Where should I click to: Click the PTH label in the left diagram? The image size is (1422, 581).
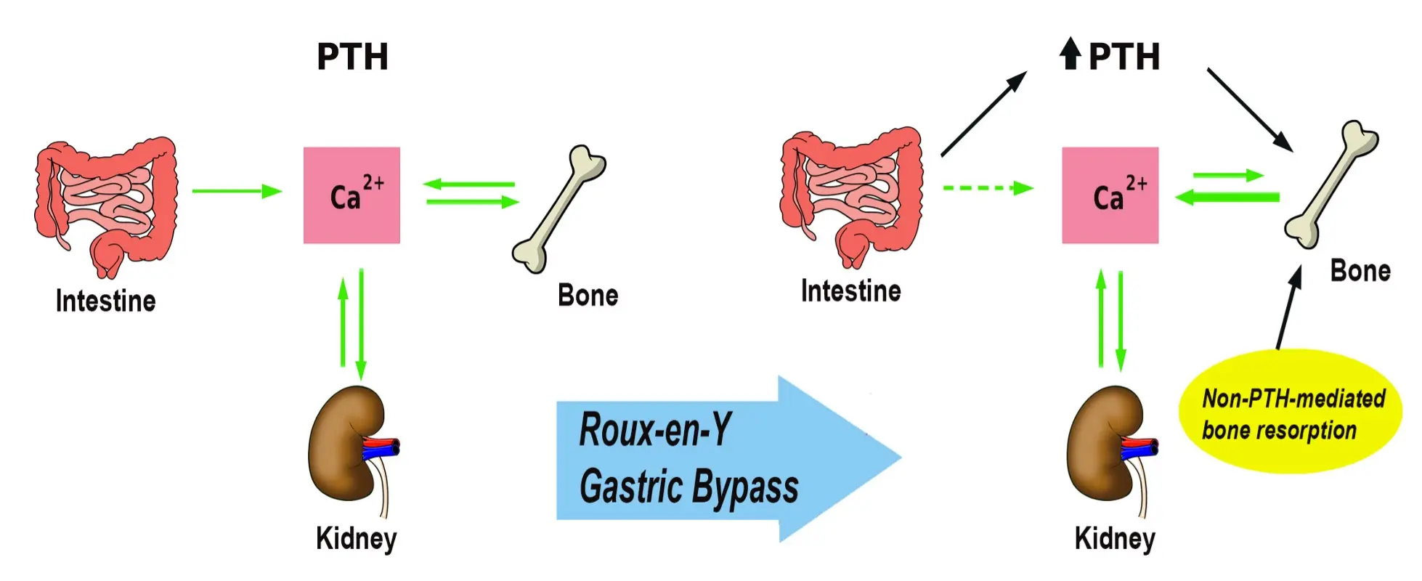click(x=352, y=57)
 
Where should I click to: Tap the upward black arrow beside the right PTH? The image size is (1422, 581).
click(x=1070, y=53)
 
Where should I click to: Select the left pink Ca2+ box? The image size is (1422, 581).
click(x=352, y=195)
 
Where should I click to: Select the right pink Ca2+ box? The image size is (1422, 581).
click(x=1110, y=195)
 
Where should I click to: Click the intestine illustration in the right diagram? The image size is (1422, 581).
click(x=851, y=195)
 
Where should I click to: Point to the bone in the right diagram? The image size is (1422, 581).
click(x=1331, y=184)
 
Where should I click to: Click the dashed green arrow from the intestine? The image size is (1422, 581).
click(x=986, y=188)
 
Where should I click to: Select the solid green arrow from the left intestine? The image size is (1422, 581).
click(x=236, y=191)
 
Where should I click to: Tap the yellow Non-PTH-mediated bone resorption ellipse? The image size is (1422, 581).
click(x=1290, y=413)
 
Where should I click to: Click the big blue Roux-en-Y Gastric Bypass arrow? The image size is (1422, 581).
click(x=726, y=458)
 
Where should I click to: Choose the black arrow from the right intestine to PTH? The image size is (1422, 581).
click(x=983, y=113)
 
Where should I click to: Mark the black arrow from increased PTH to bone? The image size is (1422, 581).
click(x=1249, y=110)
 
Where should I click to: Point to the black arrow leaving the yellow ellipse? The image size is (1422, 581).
click(x=1288, y=308)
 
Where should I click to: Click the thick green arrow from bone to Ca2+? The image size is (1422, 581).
click(x=1227, y=197)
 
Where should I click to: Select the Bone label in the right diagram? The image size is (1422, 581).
click(x=1360, y=271)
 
